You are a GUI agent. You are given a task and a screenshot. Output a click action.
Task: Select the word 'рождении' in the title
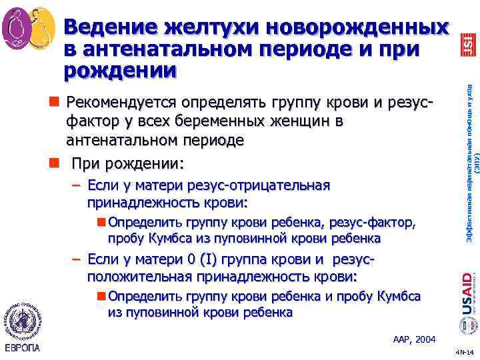pos(121,69)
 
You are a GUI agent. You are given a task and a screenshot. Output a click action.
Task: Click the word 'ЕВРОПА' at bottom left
pos(22,348)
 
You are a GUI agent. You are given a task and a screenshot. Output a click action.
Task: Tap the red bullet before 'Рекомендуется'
pos(52,103)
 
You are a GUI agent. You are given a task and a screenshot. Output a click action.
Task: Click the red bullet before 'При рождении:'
pos(52,162)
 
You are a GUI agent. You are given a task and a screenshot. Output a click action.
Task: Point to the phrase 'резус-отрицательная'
pos(267,185)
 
